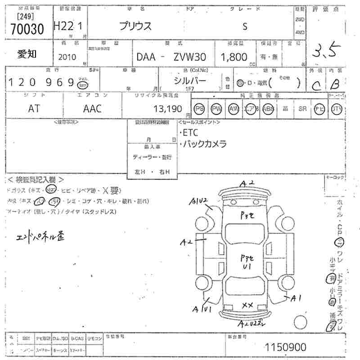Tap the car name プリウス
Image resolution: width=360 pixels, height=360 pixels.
135,26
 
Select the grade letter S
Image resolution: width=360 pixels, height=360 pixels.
245,26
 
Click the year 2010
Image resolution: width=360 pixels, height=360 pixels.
67,57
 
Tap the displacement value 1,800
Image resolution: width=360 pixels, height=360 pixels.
234,57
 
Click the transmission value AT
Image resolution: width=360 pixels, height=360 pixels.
34,108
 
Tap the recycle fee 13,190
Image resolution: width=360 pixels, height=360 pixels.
167,108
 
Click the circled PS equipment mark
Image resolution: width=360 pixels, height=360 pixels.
199,108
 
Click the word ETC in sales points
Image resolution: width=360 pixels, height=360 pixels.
190,133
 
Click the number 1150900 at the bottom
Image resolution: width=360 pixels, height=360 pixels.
286,347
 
